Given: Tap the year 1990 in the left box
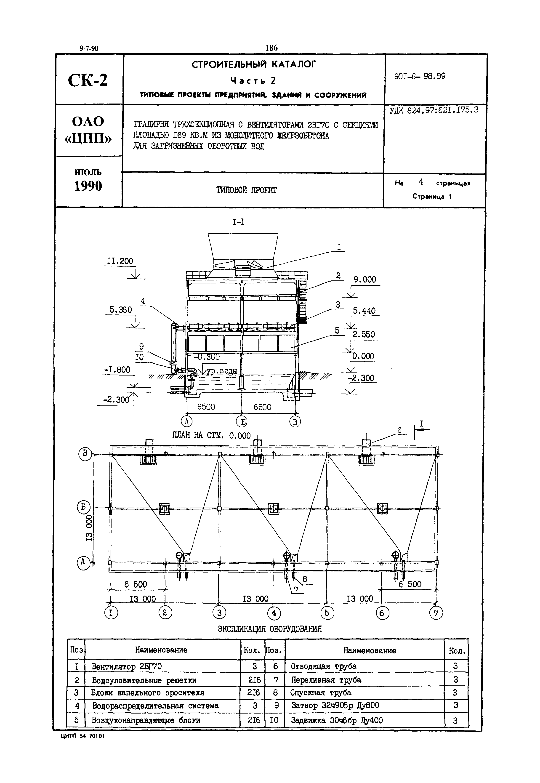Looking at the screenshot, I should coord(88,186).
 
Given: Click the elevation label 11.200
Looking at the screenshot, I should coord(120,261).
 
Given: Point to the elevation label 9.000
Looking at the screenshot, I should coord(365,280).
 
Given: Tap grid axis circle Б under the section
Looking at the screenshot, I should coord(241,422).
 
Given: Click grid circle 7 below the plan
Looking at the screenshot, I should coord(436,613).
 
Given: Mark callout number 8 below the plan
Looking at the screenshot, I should coord(305,579).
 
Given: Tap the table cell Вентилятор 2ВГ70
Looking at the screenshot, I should coord(127,667).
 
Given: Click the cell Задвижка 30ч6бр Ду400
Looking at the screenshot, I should coord(337,720).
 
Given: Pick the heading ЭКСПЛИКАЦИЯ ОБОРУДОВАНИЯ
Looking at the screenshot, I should coord(270,629).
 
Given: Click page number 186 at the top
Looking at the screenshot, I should coord(271,48).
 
